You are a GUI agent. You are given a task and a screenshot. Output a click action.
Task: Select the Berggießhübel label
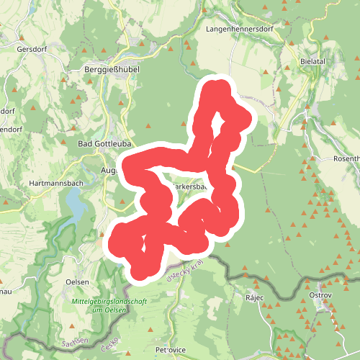tap(111, 72)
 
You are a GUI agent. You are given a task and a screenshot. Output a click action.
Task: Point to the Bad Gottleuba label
tap(103, 144)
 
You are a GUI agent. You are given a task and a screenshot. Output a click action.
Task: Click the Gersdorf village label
tap(32, 50)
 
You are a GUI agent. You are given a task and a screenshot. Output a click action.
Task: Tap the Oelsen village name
tap(77, 282)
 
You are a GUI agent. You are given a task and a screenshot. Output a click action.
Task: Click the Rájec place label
tap(255, 297)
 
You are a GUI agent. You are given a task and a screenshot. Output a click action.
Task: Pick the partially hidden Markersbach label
tap(190, 186)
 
